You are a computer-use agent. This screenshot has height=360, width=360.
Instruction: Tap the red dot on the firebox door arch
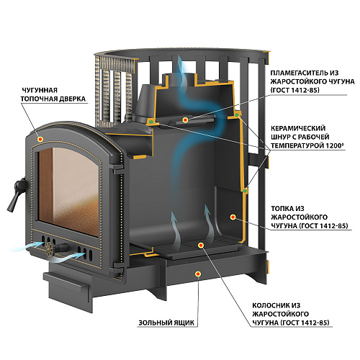pyautogui.click(x=40, y=139)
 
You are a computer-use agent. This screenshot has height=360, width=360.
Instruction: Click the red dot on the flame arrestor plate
pyautogui.click(x=185, y=120)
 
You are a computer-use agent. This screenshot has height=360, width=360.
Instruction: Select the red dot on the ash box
pyautogui.click(x=198, y=274)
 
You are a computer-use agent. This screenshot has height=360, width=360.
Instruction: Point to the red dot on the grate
pyautogui.click(x=201, y=245)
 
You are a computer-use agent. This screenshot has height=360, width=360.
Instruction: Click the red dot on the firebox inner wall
pyautogui.click(x=233, y=217)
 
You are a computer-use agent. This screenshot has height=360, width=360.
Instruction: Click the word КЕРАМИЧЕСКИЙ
pyautogui.click(x=298, y=128)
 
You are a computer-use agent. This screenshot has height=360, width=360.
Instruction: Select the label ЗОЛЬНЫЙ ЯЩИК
pyautogui.click(x=166, y=323)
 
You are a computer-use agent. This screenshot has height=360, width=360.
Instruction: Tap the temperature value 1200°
pyautogui.click(x=332, y=145)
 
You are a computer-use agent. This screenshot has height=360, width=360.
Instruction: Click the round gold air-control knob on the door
pyautogui.click(x=50, y=247)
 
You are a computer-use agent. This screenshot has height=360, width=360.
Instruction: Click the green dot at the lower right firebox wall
pyautogui.click(x=245, y=191)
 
